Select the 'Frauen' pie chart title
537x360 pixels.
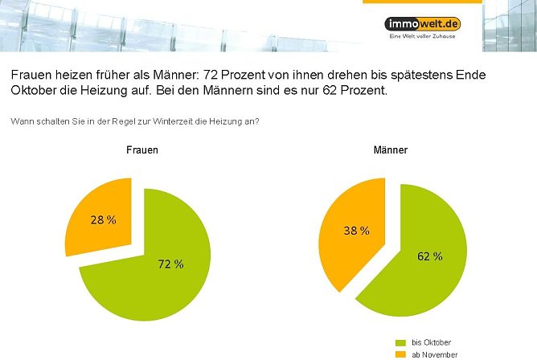pos(141,150)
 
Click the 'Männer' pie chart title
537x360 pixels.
pos(390,150)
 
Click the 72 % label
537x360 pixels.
pos(170,264)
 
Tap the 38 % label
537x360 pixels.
pos(355,231)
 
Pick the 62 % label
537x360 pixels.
pos(429,256)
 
